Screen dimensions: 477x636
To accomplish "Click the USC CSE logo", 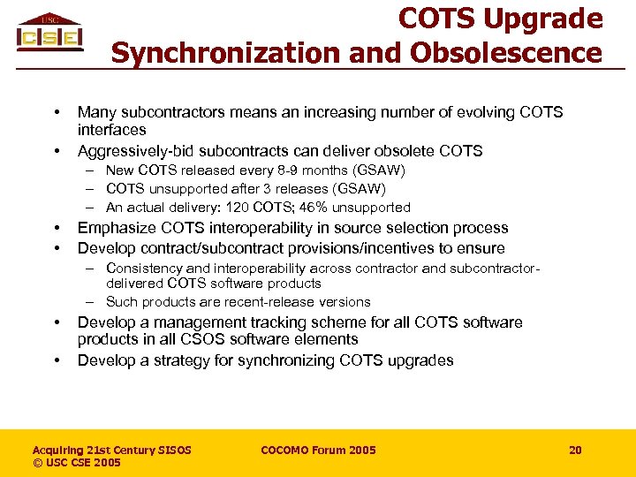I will (49, 33).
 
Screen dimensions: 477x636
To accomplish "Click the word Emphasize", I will (115, 228).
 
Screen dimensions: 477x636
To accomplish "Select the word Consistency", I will (144, 268).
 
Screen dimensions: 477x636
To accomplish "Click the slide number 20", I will (575, 450).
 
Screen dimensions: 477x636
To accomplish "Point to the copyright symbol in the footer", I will (38, 463).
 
